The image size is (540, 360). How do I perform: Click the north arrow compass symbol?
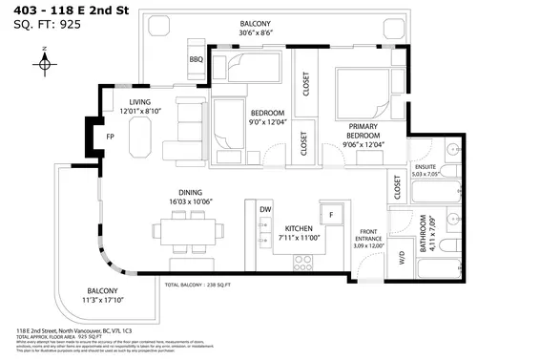pos(45,63)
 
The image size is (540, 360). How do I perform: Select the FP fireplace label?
pos(96,136)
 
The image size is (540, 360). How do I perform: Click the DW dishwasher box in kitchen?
pos(265,209)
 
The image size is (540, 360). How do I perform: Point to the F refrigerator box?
pos(332,215)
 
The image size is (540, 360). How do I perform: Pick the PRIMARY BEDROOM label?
pos(365,131)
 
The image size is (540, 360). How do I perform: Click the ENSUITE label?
pos(423,166)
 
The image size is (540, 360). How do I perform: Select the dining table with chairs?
pos(187,230)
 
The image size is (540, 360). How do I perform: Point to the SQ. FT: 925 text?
pos(45,25)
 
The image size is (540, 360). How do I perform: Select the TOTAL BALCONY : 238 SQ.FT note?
pos(199,286)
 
